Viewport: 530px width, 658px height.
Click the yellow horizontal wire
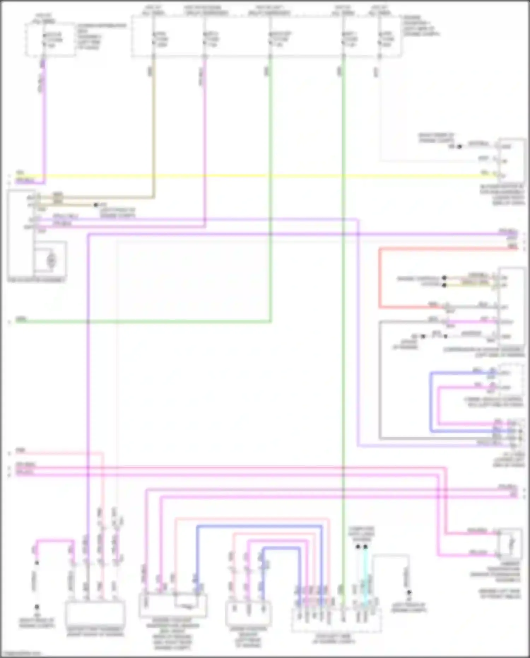[x=247, y=175]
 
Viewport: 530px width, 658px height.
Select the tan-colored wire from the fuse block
[x=153, y=124]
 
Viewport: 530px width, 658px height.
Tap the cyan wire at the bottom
[x=366, y=580]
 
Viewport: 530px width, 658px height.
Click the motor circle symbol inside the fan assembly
[x=52, y=260]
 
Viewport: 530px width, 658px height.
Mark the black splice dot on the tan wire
[x=95, y=205]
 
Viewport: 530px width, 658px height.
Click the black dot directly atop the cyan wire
[x=366, y=547]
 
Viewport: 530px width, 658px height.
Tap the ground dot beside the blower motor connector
[x=459, y=146]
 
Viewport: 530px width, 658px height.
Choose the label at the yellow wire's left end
[x=20, y=173]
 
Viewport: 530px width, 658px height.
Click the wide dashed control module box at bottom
[x=336, y=621]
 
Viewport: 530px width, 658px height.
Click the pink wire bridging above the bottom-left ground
[x=55, y=541]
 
